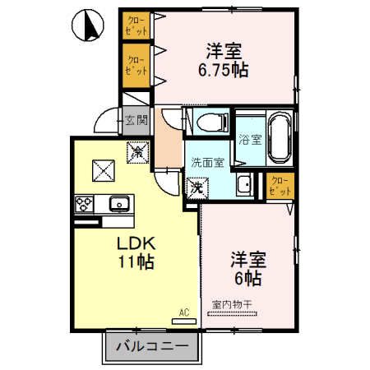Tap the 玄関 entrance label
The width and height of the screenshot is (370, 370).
pos(136,121)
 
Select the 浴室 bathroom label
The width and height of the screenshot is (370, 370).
pos(249,139)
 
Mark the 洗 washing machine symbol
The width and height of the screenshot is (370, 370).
pos(197,188)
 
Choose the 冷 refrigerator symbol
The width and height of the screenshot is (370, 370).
pos(138,152)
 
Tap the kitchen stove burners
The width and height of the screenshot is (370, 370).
pos(85,202)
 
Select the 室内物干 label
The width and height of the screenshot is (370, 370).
pos(233,305)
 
